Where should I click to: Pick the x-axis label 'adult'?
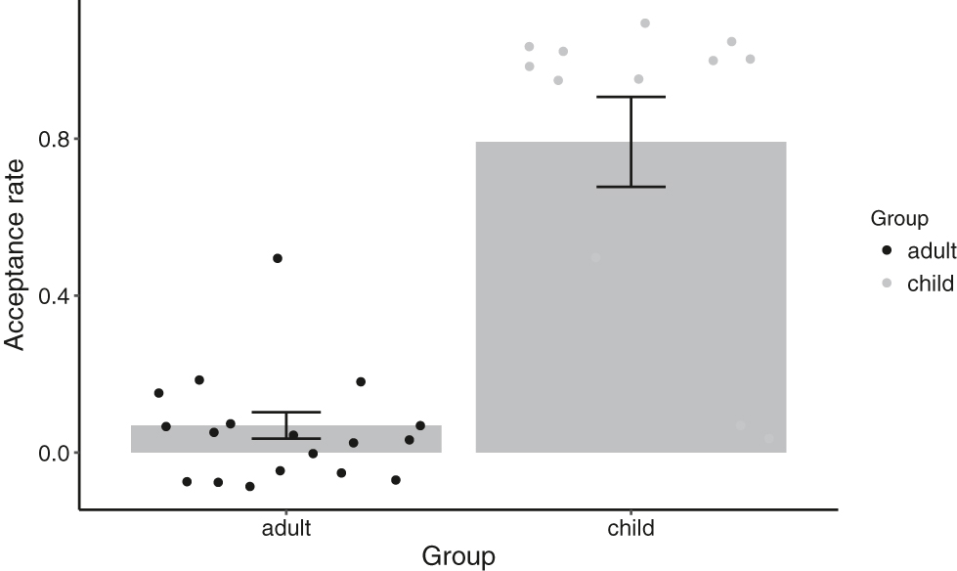[x=286, y=529]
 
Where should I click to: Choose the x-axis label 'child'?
[x=631, y=529]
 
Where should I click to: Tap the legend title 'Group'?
[x=899, y=219]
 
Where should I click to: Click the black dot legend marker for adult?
[x=888, y=251]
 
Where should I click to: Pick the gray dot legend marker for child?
[x=888, y=285]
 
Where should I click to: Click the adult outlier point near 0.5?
[x=278, y=258]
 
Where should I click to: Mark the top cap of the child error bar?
[x=631, y=97]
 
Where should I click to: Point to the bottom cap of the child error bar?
[x=631, y=187]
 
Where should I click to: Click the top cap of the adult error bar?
[x=286, y=412]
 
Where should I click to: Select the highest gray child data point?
[x=645, y=22]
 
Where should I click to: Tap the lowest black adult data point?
[x=250, y=486]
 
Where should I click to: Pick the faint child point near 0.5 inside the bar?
[x=595, y=258]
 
